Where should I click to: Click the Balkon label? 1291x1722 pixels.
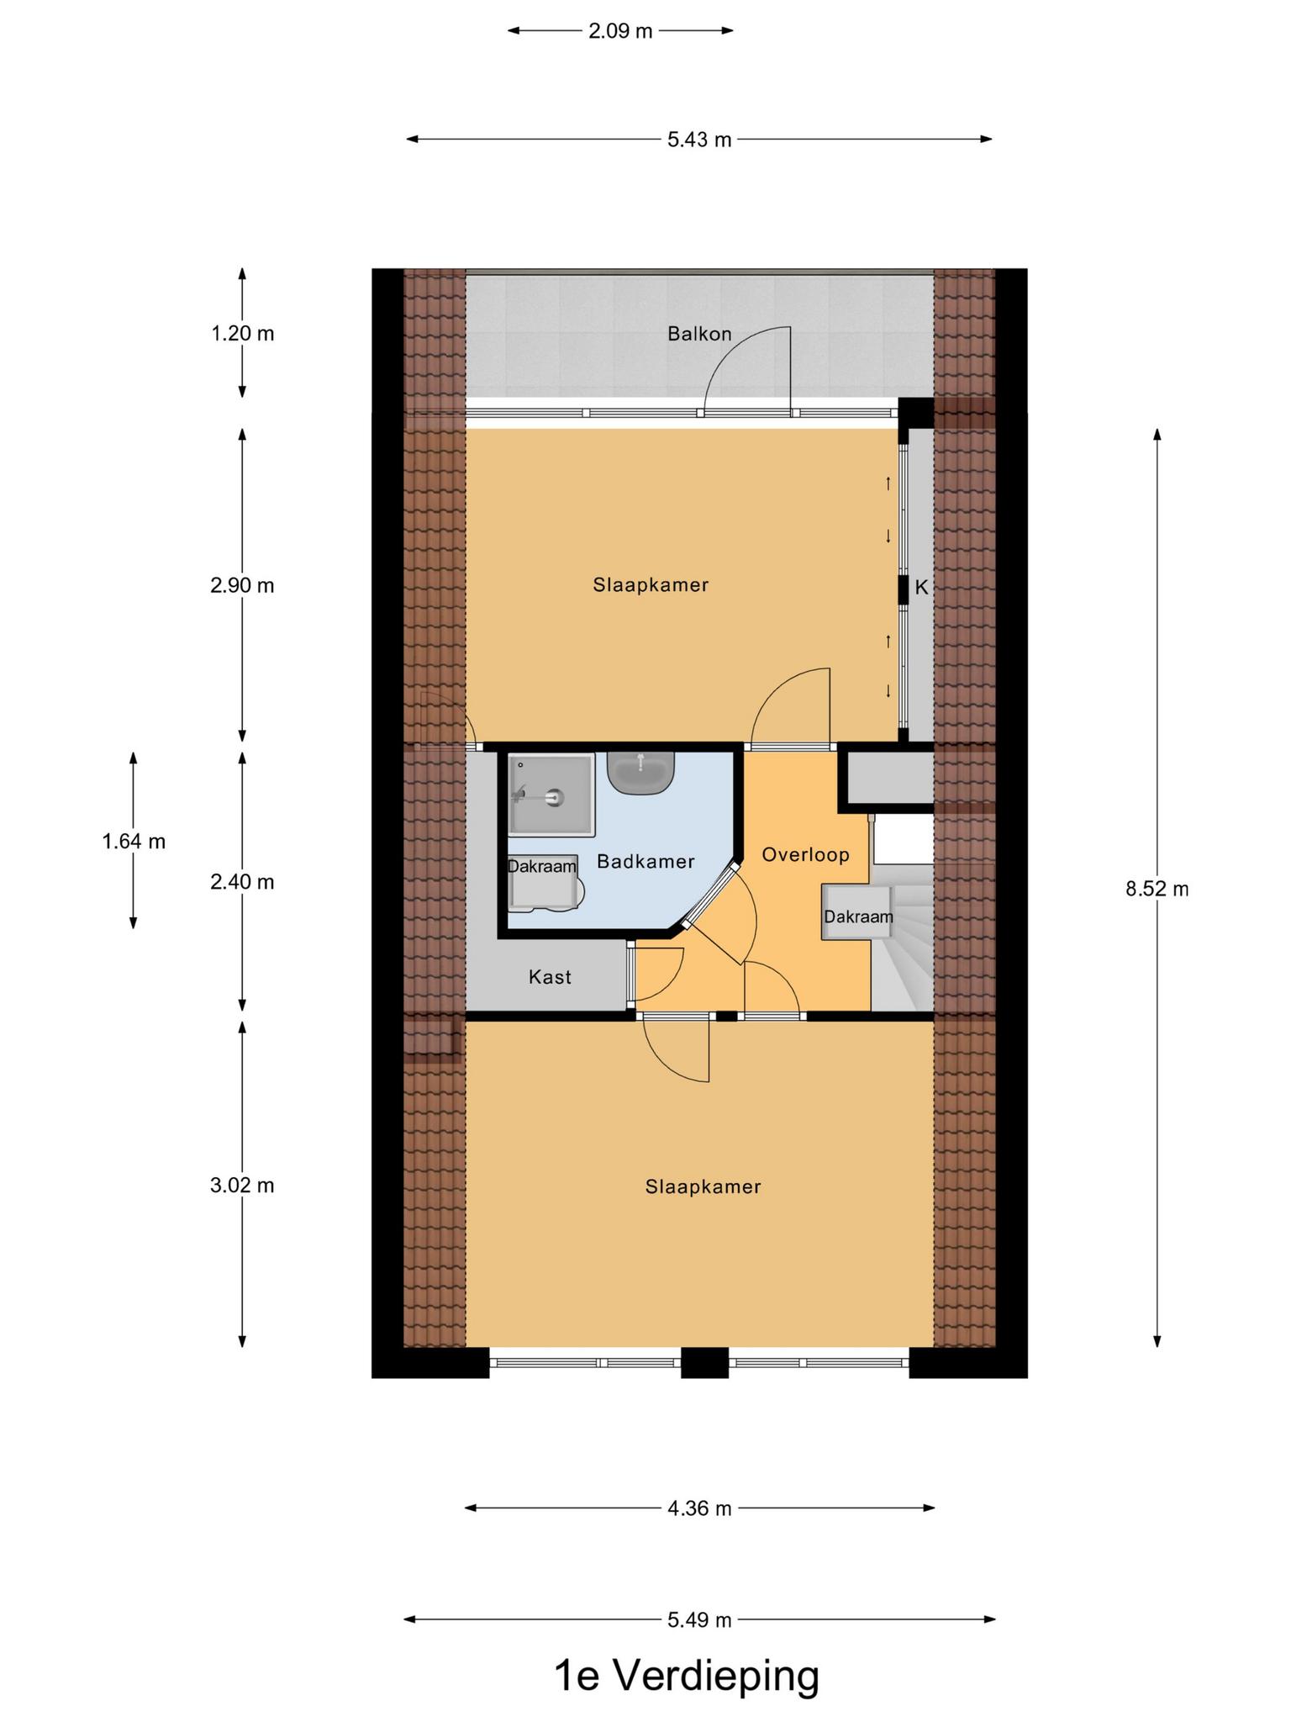click(699, 334)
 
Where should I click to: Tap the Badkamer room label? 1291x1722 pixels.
click(645, 862)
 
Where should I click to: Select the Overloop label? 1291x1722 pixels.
click(805, 855)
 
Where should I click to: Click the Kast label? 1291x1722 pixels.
click(550, 977)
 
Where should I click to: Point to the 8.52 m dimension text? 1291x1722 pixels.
click(1157, 889)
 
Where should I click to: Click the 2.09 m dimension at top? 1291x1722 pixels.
click(620, 31)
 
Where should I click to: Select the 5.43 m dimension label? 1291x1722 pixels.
click(699, 140)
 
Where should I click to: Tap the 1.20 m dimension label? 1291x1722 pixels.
click(242, 334)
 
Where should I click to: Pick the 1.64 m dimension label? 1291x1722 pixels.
click(134, 842)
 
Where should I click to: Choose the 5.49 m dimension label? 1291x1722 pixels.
click(699, 1619)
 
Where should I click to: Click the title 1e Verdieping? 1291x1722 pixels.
click(687, 1675)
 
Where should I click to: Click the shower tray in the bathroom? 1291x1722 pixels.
click(551, 794)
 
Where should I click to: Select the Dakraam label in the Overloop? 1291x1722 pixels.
click(858, 916)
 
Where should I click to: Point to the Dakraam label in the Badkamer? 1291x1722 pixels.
click(542, 866)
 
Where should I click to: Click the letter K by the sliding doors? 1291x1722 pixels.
click(921, 589)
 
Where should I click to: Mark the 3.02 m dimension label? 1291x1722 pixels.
click(242, 1186)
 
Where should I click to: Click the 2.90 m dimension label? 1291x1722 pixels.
click(242, 585)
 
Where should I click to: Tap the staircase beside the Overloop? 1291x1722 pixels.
click(903, 938)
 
